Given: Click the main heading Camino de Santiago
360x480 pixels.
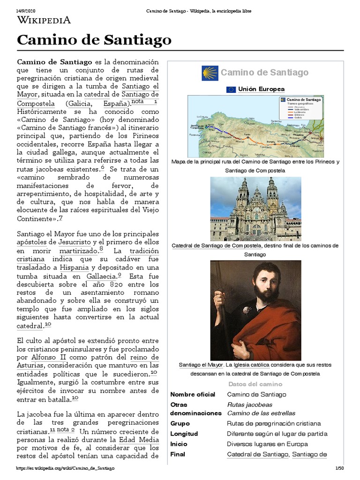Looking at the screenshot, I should click(x=94, y=41).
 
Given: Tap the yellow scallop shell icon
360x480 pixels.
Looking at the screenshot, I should click(x=210, y=73).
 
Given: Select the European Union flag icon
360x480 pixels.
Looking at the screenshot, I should click(x=231, y=89).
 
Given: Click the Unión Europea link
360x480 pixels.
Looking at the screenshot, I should click(x=261, y=89).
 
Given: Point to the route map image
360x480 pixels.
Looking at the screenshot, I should click(x=255, y=126).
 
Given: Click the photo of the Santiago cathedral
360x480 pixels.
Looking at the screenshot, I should click(x=255, y=209).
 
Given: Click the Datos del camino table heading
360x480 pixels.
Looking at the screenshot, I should click(x=255, y=384).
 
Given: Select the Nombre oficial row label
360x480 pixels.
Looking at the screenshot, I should click(x=192, y=395).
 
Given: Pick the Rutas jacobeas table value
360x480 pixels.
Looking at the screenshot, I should click(x=249, y=405).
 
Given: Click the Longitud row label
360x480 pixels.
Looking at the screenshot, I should click(x=184, y=434).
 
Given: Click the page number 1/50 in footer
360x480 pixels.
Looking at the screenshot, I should click(x=339, y=468).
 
